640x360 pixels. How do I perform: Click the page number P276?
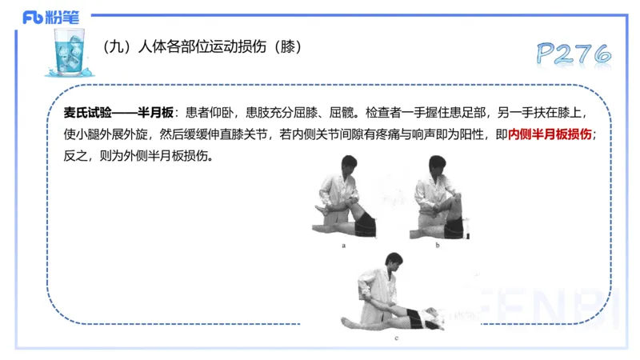point(574,54)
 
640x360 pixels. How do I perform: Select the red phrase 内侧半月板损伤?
point(550,134)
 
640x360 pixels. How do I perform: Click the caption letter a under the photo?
point(343,246)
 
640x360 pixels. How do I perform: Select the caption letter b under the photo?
point(438,246)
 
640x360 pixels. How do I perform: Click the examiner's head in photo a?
point(349,166)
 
